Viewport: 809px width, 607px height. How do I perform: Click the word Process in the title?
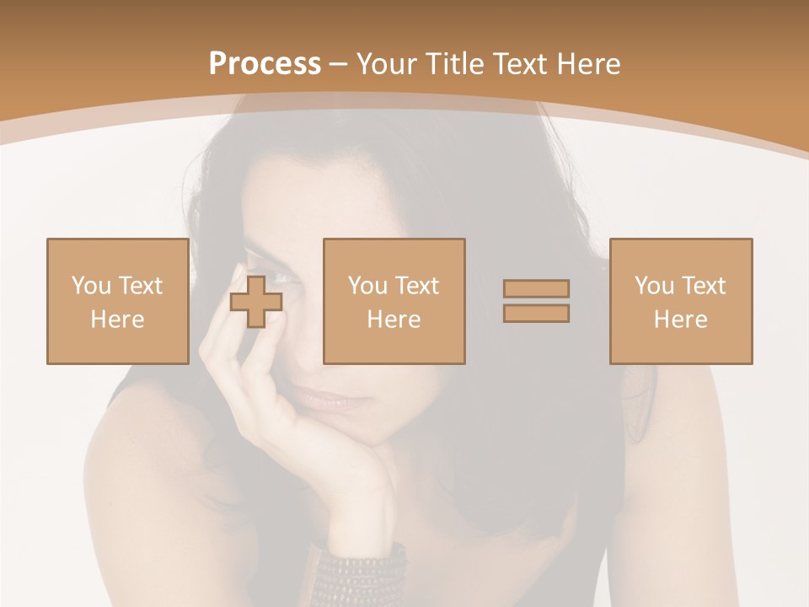[265, 64]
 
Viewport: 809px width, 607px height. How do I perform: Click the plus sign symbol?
[256, 302]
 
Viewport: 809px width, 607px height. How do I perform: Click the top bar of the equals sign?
[536, 288]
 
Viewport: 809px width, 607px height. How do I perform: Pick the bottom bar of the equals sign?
[536, 313]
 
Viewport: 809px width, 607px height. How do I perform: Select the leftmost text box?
[117, 302]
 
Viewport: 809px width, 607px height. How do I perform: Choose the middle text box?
[394, 302]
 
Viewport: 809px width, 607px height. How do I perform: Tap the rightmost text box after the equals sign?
[680, 302]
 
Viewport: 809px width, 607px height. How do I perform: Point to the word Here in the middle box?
[394, 320]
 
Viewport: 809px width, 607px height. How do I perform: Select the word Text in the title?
[518, 64]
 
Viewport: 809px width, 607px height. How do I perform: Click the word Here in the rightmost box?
[680, 320]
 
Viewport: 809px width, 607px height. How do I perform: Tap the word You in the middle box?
[367, 286]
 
